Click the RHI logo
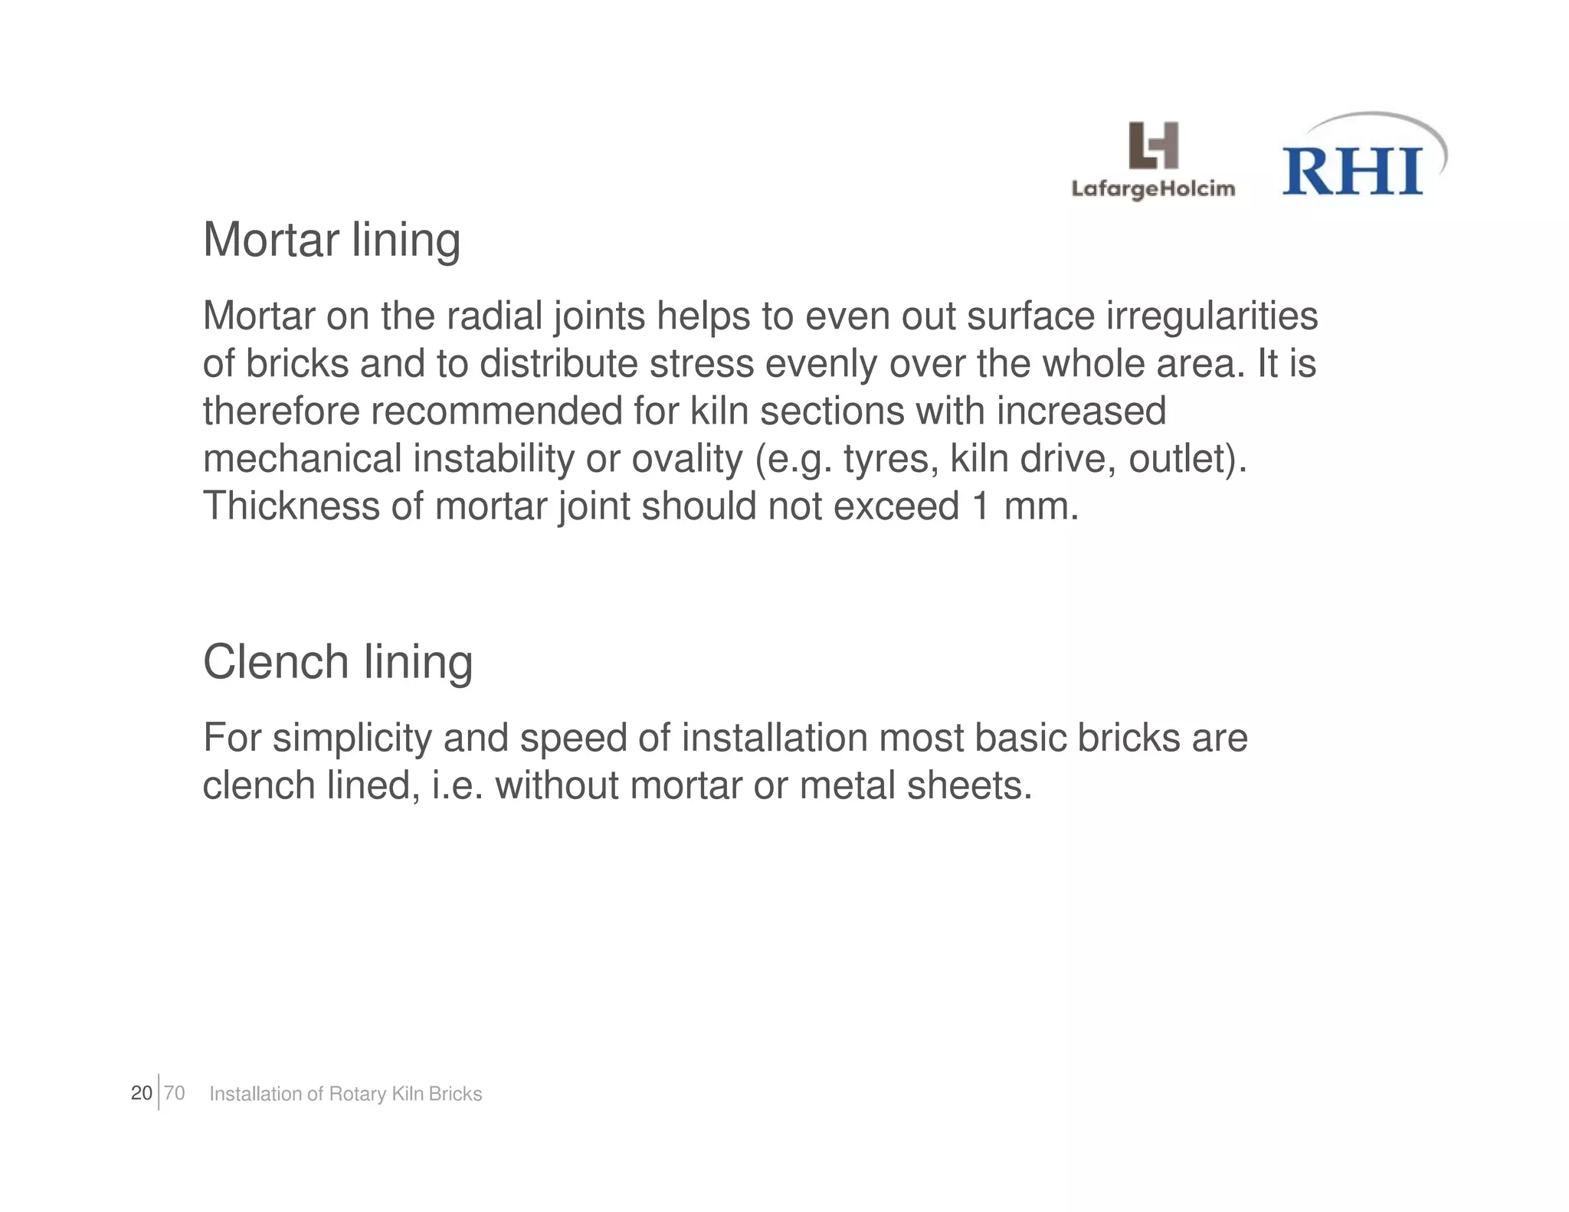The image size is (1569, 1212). (1354, 169)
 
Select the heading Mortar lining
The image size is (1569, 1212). (332, 240)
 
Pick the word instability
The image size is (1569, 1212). (494, 458)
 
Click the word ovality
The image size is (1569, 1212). (686, 458)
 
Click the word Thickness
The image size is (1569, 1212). (291, 506)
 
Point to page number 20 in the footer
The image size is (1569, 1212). (142, 1093)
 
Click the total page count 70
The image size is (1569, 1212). (175, 1093)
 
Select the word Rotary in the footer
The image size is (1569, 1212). (357, 1094)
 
